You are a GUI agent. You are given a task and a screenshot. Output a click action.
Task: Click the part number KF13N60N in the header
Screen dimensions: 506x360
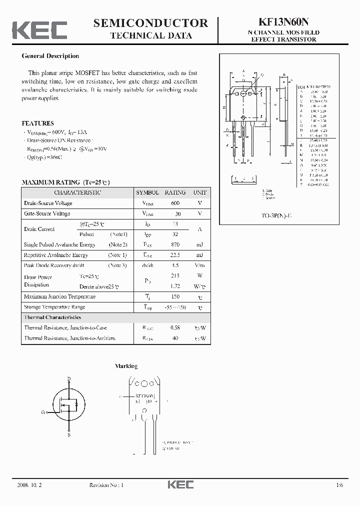(283, 22)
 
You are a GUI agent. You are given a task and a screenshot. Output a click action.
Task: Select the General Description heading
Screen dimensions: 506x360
(50, 56)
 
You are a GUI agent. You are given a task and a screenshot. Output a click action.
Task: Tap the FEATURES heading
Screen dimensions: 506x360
(38, 123)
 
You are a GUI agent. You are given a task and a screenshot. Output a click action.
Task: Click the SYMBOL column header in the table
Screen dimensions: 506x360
(147, 192)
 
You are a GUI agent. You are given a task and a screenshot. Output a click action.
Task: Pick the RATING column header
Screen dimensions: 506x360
(175, 192)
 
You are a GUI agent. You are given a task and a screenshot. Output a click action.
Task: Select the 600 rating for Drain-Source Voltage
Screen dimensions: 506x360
(175, 203)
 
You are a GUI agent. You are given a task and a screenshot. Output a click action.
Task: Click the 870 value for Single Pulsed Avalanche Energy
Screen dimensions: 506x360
(175, 245)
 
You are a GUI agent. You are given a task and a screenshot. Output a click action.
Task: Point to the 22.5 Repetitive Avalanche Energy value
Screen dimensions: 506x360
(175, 255)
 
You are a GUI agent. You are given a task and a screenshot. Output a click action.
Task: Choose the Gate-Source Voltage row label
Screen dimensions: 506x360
(47, 214)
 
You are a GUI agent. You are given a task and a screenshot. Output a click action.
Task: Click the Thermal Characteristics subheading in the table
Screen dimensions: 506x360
(52, 317)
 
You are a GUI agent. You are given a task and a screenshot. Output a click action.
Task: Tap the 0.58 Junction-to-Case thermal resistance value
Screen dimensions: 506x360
(175, 328)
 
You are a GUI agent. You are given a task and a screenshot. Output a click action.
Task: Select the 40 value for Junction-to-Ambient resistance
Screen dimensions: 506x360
(175, 338)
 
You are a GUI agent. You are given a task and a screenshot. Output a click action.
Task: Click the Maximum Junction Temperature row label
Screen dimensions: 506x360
(59, 297)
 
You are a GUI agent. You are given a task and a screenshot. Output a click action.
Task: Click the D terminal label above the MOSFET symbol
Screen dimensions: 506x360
(69, 378)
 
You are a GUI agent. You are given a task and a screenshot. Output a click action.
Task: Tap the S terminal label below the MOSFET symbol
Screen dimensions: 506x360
(69, 435)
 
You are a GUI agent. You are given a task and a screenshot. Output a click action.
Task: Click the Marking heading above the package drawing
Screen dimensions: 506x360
(126, 366)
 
